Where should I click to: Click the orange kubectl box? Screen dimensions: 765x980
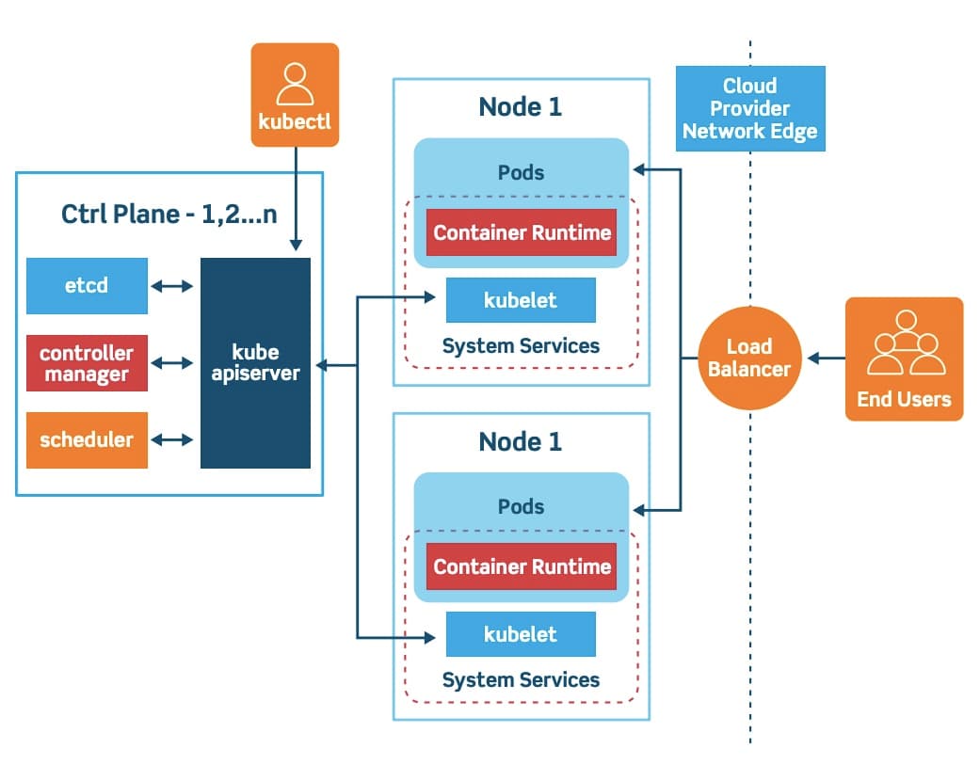(295, 95)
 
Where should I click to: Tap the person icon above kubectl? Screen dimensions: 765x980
(295, 83)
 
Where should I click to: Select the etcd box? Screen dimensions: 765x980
(87, 285)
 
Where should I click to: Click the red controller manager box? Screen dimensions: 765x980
(87, 363)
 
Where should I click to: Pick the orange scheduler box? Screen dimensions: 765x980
(87, 439)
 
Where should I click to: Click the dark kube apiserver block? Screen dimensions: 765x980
(255, 363)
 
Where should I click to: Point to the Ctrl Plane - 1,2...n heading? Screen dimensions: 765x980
(169, 214)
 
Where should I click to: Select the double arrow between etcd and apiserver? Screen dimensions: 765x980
(172, 285)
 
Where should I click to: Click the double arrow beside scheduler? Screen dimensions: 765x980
(172, 439)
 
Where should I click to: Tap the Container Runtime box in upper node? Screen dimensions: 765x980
(522, 232)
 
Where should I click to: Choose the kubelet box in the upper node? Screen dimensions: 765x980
(521, 300)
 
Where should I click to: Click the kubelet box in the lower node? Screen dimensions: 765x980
(521, 634)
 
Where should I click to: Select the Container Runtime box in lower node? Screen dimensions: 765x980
(522, 566)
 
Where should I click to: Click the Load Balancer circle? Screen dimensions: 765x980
(749, 359)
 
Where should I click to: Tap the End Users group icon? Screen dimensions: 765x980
(905, 344)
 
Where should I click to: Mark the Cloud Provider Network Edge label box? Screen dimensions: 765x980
(750, 108)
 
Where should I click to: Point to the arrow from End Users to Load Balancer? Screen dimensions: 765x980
(827, 359)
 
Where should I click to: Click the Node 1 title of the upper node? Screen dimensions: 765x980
(521, 106)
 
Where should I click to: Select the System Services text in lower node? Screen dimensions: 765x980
(521, 679)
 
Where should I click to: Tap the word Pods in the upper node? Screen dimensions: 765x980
(521, 173)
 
